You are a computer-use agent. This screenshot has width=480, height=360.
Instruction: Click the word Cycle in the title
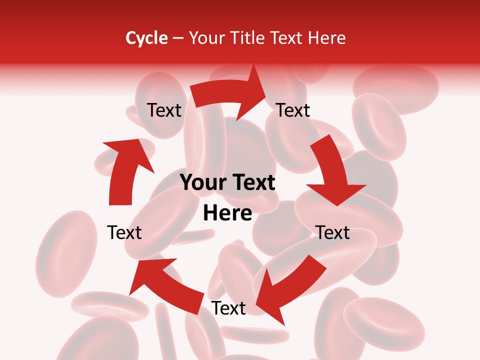point(146,38)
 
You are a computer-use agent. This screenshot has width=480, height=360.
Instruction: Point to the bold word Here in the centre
point(227,213)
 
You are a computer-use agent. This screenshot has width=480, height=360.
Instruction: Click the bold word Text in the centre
point(253,183)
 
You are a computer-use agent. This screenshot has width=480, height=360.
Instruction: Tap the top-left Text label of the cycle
point(164,110)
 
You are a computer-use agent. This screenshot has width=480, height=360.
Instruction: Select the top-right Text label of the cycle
point(293,110)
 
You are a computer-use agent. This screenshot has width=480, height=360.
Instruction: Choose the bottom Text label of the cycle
point(228,308)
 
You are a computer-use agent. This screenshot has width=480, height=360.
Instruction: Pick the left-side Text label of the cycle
point(124,232)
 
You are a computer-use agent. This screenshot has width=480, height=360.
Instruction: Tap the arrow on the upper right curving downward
point(332,170)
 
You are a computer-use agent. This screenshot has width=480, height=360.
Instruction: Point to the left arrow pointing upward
point(125,170)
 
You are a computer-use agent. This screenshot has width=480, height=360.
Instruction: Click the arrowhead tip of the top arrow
point(265,92)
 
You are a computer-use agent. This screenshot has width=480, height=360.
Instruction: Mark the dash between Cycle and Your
point(178,38)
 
